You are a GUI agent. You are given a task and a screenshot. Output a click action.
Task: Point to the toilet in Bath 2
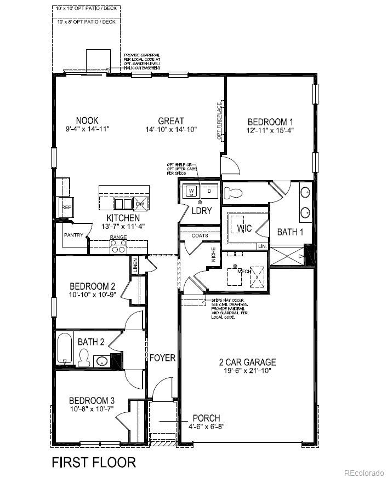tap(84, 359)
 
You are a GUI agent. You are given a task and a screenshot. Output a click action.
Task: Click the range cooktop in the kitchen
tap(118, 247)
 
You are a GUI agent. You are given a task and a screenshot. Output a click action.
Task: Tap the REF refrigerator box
tap(66, 208)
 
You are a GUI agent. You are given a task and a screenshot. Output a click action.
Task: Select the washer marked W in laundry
tap(191, 191)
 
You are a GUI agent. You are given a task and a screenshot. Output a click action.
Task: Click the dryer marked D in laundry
tap(209, 191)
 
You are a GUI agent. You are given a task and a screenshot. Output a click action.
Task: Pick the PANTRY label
tap(73, 235)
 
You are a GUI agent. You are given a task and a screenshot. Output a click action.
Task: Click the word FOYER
tap(162, 358)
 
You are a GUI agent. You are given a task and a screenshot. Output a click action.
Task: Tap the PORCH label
tap(207, 418)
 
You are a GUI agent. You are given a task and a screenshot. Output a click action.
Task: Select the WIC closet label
tap(244, 228)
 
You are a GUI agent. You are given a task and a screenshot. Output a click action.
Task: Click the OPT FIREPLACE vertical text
tap(219, 121)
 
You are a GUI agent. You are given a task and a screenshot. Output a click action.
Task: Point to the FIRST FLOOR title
tap(94, 462)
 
